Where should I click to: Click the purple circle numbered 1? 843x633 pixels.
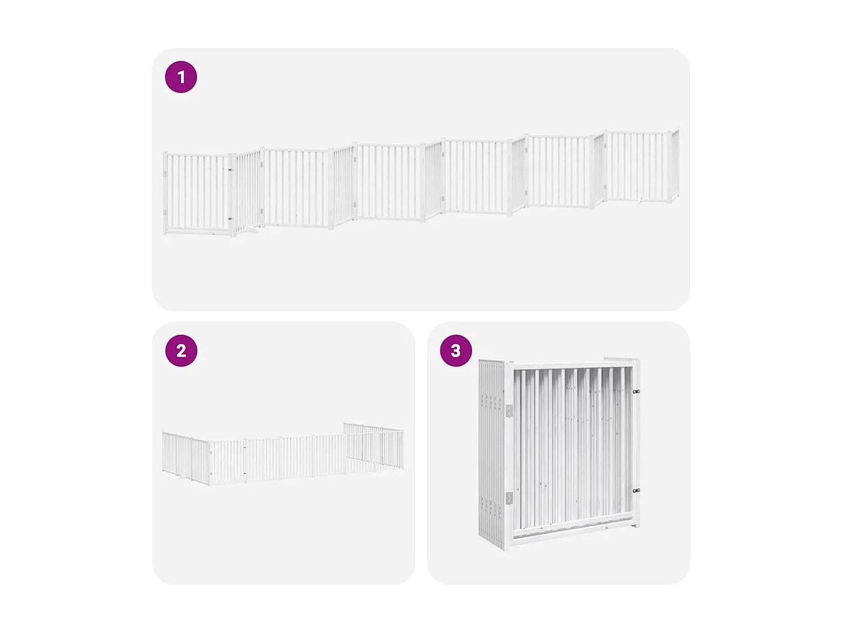[x=181, y=77]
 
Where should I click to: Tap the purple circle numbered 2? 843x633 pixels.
[x=181, y=351]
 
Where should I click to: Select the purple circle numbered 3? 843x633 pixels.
[x=456, y=351]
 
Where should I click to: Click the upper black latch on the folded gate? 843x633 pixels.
[x=636, y=392]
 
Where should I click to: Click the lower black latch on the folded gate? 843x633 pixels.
[x=636, y=491]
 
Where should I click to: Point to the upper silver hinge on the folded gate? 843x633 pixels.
[x=509, y=411]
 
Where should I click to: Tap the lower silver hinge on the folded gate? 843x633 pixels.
[x=509, y=498]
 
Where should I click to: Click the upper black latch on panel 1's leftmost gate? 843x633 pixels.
[x=230, y=170]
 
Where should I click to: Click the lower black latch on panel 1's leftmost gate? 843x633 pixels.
[x=230, y=219]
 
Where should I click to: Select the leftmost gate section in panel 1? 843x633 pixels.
[x=197, y=192]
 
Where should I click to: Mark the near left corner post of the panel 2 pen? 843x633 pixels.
[x=210, y=463]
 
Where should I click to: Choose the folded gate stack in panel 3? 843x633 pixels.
[x=559, y=453]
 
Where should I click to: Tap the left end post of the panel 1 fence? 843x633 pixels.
[x=165, y=193]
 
